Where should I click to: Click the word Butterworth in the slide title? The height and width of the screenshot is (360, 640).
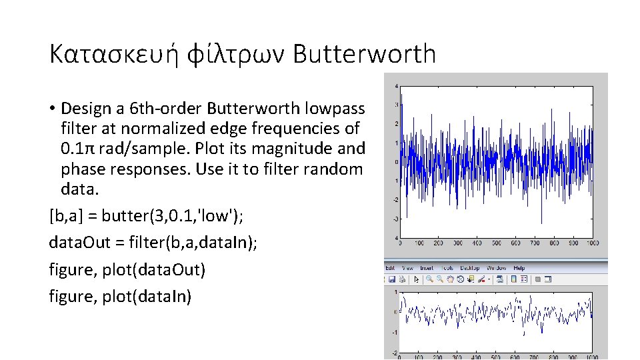[364, 54]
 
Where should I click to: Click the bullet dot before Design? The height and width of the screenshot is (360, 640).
[52, 109]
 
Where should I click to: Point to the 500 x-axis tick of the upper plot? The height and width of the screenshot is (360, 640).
[496, 243]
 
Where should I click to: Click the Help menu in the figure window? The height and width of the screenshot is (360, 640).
[519, 268]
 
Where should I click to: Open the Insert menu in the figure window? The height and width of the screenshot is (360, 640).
[427, 268]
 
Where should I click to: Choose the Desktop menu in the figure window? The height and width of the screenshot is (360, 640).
[471, 268]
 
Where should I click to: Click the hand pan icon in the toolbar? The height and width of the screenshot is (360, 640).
[451, 279]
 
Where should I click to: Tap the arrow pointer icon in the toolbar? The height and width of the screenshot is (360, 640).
[417, 279]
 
